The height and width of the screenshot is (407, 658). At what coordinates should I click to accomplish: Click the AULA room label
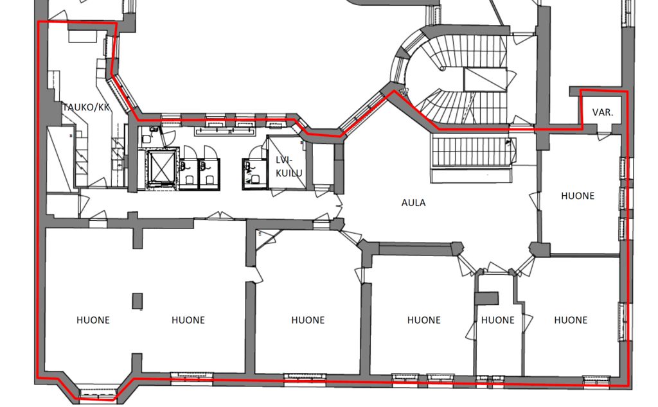(413, 203)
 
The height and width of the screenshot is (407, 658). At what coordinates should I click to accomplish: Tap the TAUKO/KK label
(86, 107)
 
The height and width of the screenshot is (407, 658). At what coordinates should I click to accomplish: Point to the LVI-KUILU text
(289, 166)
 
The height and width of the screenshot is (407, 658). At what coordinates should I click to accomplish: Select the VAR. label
(603, 112)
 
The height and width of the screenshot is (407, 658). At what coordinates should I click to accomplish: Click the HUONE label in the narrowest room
(498, 320)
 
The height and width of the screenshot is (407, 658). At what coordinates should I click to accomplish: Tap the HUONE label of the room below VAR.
(578, 196)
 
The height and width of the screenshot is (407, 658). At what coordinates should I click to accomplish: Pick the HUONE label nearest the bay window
(93, 320)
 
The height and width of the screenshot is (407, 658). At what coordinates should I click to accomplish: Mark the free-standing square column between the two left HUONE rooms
(138, 301)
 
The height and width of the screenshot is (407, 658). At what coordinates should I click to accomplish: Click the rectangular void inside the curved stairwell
(485, 80)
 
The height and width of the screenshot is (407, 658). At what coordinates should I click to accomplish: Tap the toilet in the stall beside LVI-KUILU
(254, 179)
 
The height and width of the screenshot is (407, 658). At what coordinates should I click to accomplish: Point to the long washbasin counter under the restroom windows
(226, 131)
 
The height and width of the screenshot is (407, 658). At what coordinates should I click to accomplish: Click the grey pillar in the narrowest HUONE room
(487, 299)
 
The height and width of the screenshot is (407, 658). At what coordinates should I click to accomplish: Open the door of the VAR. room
(604, 136)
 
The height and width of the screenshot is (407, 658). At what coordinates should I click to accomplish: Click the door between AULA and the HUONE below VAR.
(535, 200)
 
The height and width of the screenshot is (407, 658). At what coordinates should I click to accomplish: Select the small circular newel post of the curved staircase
(442, 68)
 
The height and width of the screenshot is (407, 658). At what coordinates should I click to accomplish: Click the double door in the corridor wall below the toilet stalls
(220, 216)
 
